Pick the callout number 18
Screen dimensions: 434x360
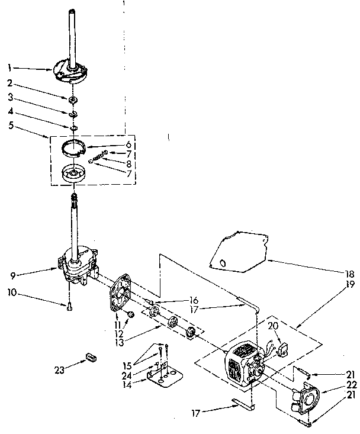tap(350, 274)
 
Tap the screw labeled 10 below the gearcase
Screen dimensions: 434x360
tap(69, 306)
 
